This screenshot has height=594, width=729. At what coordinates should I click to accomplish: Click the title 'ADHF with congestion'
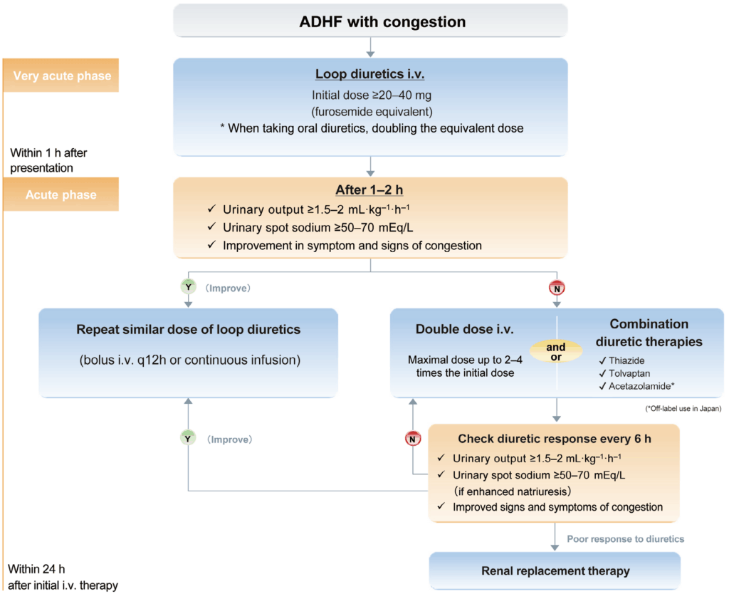[x=382, y=21]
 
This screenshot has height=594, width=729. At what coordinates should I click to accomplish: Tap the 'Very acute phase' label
[x=61, y=75]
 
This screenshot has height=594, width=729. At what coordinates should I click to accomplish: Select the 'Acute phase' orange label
[x=61, y=194]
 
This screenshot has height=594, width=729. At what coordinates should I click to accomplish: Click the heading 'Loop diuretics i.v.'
[x=370, y=75]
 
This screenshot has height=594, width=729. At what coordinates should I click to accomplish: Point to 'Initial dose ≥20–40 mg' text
[x=370, y=94]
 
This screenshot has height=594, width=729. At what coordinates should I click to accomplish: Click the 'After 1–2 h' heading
[x=370, y=190]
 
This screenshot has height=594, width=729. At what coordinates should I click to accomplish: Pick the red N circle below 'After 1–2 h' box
[x=555, y=289]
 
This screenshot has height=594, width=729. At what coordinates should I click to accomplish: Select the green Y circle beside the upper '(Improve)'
[x=188, y=289]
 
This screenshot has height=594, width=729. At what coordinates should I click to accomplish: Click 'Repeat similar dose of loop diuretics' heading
[x=188, y=330]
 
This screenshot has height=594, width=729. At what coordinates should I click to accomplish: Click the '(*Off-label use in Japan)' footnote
[x=682, y=408]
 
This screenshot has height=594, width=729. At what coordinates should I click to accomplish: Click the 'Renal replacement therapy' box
[x=555, y=570]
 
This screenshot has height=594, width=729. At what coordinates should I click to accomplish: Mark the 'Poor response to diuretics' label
[x=625, y=538]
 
